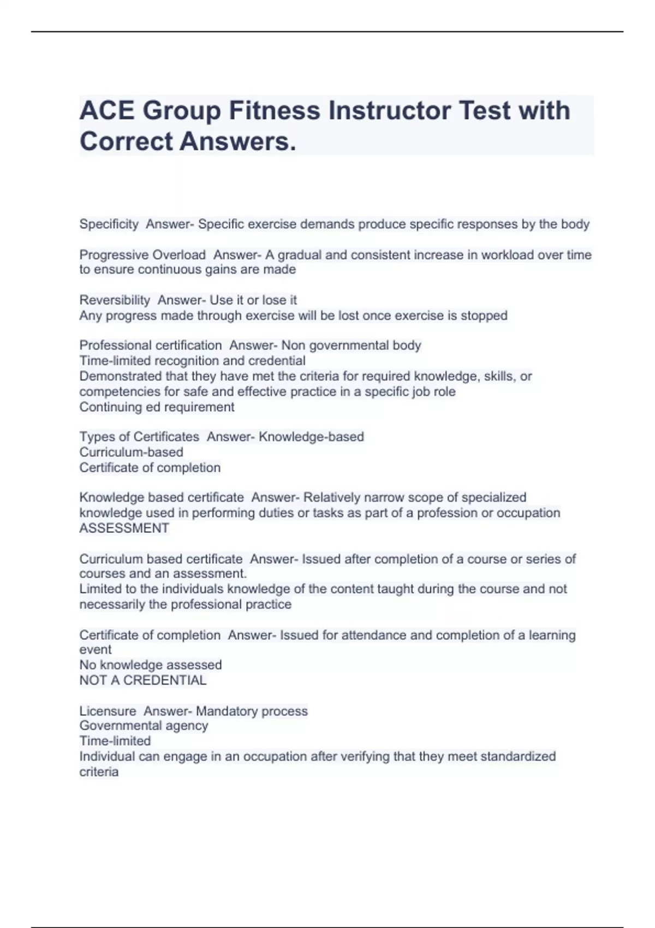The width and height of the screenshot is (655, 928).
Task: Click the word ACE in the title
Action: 106,111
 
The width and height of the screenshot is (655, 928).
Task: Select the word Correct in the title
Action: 126,141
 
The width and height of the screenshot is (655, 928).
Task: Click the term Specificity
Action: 109,224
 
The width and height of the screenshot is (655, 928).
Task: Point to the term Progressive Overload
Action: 142,255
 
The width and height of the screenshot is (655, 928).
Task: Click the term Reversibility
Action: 115,300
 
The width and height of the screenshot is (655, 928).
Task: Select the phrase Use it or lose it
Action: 253,300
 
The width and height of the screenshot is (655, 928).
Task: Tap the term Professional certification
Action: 151,346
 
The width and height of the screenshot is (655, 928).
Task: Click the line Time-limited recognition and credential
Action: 192,361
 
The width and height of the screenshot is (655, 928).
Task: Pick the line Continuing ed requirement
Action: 157,407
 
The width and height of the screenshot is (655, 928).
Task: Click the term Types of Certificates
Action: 139,437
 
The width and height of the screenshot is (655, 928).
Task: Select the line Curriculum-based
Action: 131,453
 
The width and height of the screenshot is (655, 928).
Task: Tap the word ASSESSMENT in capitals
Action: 124,528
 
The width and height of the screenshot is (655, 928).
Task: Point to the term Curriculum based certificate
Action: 161,559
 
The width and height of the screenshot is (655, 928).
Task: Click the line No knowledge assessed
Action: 150,665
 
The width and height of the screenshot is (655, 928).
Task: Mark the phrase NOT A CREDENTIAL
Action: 142,681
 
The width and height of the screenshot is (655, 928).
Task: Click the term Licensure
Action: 108,711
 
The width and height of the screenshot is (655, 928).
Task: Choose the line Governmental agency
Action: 144,726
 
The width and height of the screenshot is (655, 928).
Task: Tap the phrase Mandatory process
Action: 252,711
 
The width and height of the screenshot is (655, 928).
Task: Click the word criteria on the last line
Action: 99,772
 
